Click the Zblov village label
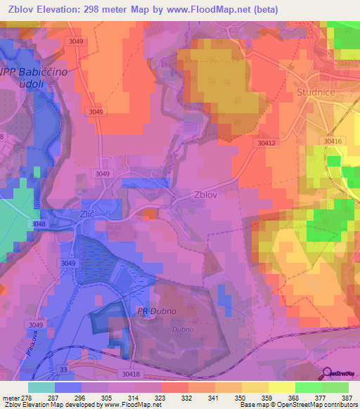tap(208, 196)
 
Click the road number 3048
tap(39, 224)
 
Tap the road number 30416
tap(333, 141)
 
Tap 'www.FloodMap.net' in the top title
tap(219, 10)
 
